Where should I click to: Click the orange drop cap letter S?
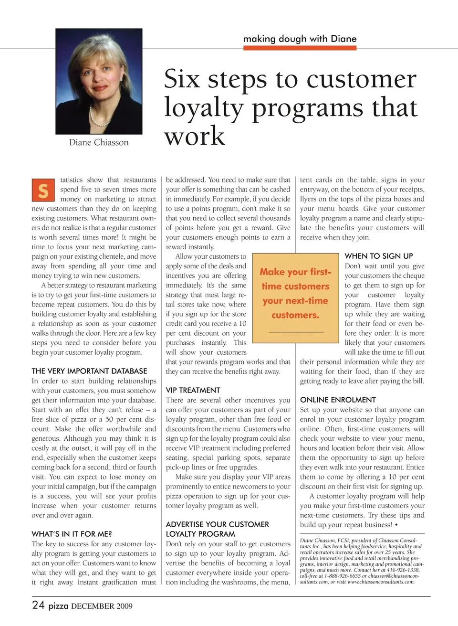43,190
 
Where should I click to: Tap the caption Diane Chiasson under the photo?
99,142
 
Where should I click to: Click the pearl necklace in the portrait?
99,117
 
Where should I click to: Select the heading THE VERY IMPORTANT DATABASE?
89,371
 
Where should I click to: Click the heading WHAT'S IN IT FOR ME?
72,534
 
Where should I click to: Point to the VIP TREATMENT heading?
193,390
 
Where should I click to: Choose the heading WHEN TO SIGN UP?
379,256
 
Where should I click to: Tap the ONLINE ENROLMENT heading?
338,400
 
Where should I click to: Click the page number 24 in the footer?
38,605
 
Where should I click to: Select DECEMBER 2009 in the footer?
102,606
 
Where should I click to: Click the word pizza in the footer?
58,606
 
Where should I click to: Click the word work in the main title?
194,136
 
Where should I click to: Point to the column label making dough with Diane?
300,39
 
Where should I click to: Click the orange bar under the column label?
300,48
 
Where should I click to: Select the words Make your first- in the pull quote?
295,272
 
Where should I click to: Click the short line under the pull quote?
296,331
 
